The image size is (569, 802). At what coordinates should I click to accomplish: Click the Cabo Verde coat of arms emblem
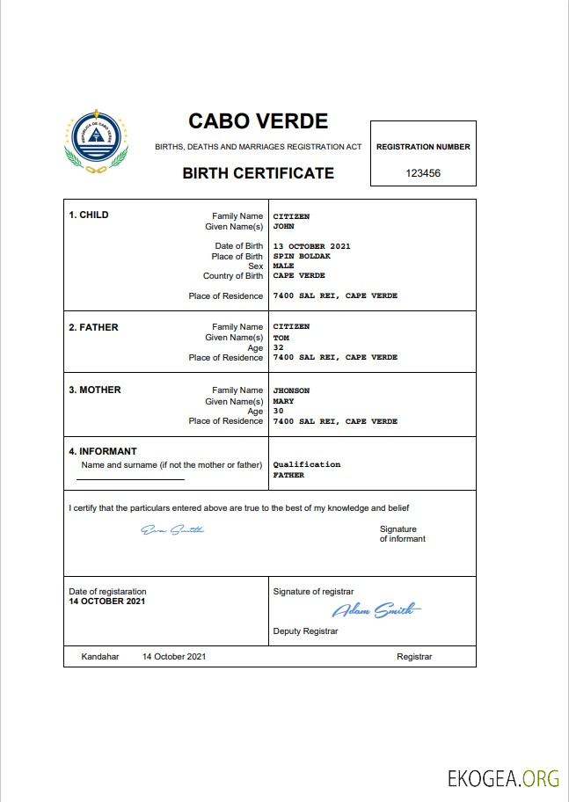(96, 144)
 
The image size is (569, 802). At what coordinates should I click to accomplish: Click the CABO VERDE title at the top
(258, 121)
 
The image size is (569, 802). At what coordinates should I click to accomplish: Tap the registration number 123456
(423, 173)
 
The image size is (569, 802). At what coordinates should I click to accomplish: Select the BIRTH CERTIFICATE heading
(258, 173)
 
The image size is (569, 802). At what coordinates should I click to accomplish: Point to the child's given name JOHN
(283, 226)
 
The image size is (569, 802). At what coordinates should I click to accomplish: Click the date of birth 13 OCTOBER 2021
(311, 246)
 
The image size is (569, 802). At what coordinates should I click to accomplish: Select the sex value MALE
(283, 266)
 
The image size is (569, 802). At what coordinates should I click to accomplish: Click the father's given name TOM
(281, 338)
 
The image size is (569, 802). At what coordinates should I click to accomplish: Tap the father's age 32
(278, 347)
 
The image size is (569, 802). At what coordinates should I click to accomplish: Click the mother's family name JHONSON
(291, 390)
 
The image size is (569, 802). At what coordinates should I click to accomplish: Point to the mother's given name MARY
(283, 401)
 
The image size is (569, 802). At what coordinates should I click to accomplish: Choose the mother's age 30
(278, 411)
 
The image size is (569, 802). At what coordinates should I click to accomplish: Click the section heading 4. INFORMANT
(103, 452)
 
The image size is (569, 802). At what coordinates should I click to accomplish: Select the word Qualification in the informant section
(306, 464)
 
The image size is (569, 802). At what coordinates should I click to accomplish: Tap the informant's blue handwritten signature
(172, 529)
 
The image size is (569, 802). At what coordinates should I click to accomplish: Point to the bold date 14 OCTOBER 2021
(107, 601)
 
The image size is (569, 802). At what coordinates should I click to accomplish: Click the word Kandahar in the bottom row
(99, 657)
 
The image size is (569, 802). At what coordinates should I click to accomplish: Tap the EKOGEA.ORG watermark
(503, 778)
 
